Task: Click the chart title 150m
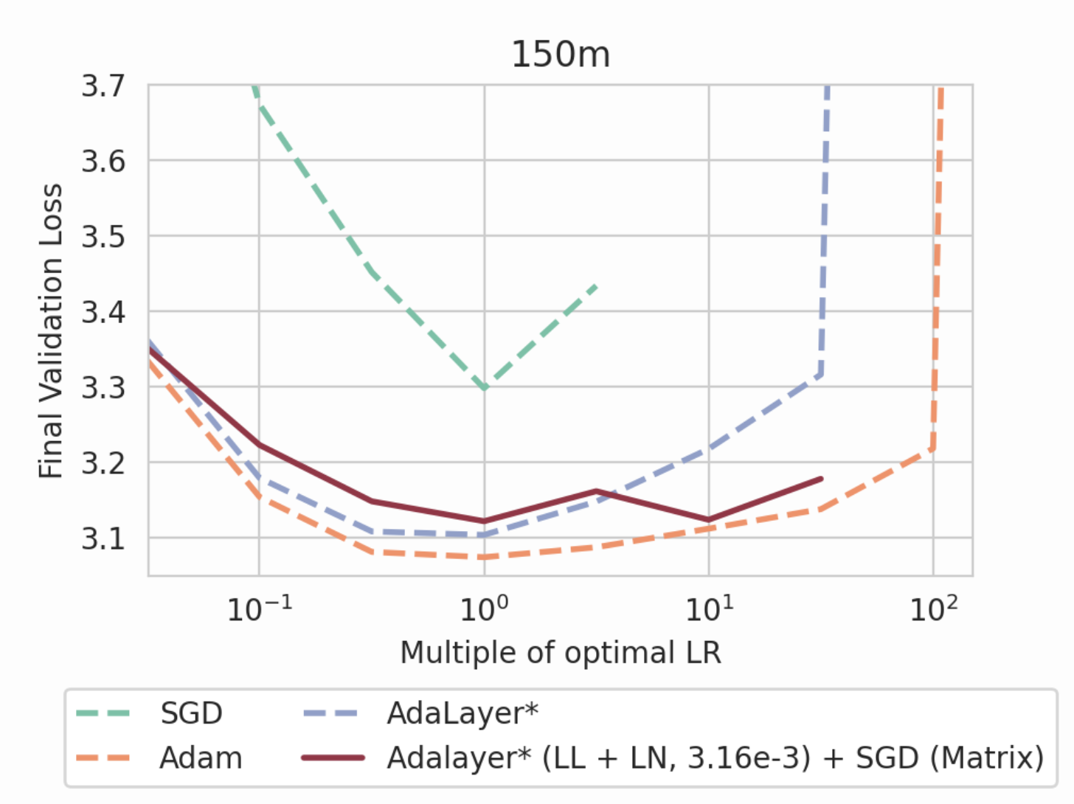point(561,55)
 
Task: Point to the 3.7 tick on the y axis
point(103,86)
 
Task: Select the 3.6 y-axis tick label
point(103,161)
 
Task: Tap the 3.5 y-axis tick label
point(103,237)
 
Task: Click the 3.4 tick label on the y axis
point(103,312)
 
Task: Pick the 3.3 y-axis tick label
point(103,387)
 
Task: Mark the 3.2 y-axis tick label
point(103,463)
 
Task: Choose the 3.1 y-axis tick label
point(103,538)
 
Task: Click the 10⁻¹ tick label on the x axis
point(259,609)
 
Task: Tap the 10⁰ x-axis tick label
point(484,609)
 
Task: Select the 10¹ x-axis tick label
point(709,609)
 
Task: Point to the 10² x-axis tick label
point(933,609)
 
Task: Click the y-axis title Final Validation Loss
point(50,330)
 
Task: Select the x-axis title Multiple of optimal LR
point(561,653)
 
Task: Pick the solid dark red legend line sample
point(333,758)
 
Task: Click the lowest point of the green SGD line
point(485,388)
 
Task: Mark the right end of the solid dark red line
point(821,479)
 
